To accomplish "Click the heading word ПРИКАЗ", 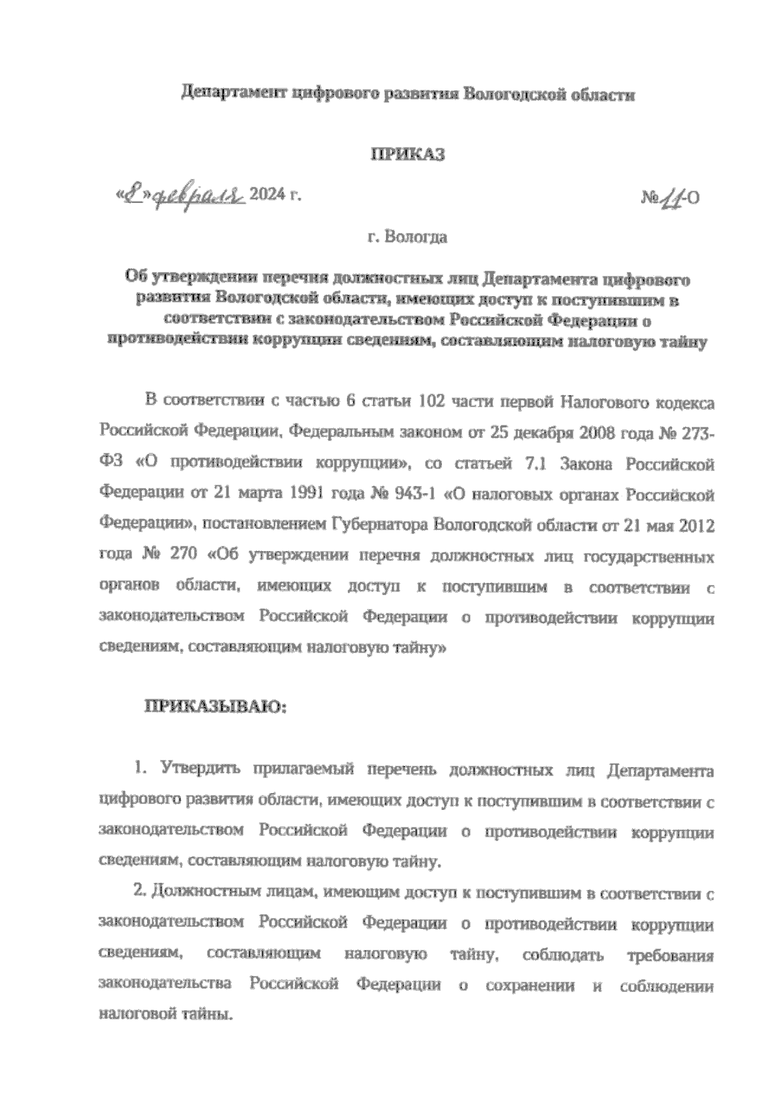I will coord(408,155).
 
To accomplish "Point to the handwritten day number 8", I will coord(135,193).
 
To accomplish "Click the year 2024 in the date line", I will coord(268,194).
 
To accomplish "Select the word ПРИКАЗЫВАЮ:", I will coord(215,706).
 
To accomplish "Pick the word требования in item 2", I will coord(670,956).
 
